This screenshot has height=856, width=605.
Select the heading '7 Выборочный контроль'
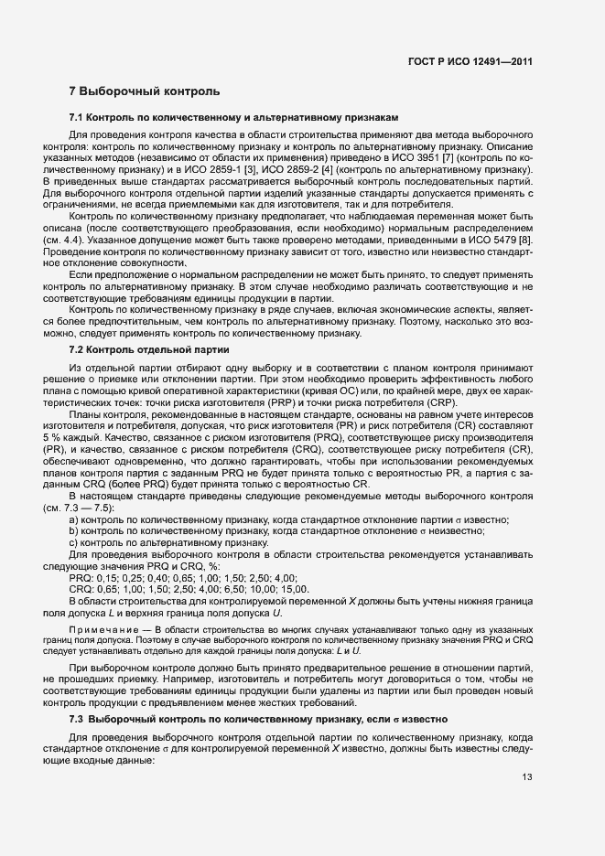click(x=144, y=92)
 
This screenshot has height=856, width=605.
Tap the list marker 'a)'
click(x=74, y=519)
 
